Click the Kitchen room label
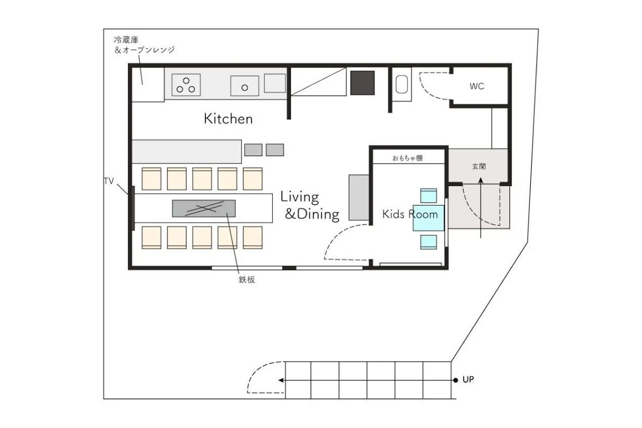click(228, 119)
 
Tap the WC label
click(477, 86)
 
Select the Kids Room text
click(410, 214)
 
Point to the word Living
click(300, 198)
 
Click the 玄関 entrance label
click(479, 166)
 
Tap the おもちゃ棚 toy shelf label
click(407, 158)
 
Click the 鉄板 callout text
click(247, 279)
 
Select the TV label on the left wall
click(109, 181)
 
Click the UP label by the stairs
click(468, 379)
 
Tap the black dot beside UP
click(456, 380)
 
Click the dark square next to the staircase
click(362, 83)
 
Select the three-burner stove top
click(186, 85)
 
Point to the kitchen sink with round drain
click(244, 86)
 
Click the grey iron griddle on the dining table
click(204, 209)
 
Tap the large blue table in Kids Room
click(429, 218)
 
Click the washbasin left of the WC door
click(402, 85)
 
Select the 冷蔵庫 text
click(126, 40)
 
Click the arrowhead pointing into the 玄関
click(480, 180)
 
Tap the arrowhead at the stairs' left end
click(281, 380)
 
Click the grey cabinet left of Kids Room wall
click(359, 197)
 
